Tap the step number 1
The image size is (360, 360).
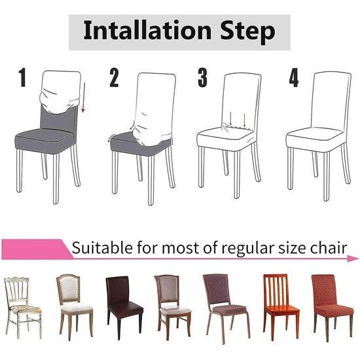24,79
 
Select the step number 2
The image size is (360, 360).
115,79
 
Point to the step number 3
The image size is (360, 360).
203,79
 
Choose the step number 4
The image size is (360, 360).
294,79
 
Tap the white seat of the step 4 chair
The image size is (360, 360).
314,137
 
